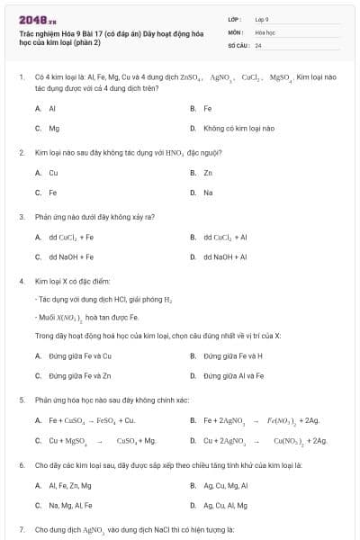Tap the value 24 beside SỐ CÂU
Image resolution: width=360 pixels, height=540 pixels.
[x=258, y=45]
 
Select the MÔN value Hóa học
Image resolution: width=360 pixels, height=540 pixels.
[x=263, y=31]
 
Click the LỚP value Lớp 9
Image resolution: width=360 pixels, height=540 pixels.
[x=262, y=19]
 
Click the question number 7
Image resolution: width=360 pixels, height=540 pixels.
[x=21, y=528]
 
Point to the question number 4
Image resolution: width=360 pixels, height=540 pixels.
[x=21, y=281]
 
